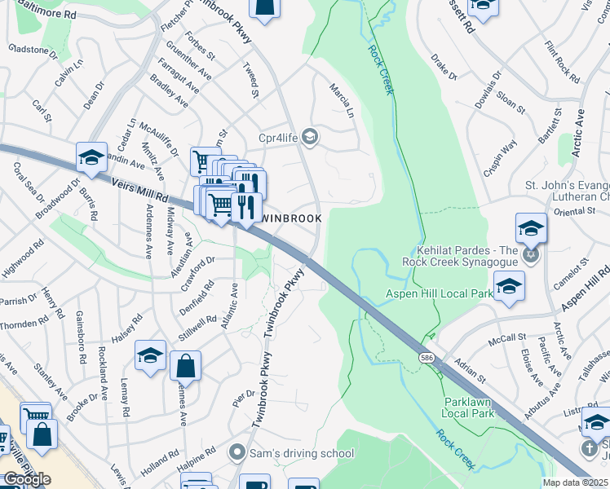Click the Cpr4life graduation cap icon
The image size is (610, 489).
[x=309, y=136]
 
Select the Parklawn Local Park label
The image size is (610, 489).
[x=469, y=407]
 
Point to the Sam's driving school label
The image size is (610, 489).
[x=303, y=453]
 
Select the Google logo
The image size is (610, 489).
[x=26, y=479]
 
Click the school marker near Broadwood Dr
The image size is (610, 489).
[x=91, y=156]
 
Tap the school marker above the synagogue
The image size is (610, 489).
[x=531, y=227]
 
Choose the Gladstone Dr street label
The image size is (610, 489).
[x=33, y=50]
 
